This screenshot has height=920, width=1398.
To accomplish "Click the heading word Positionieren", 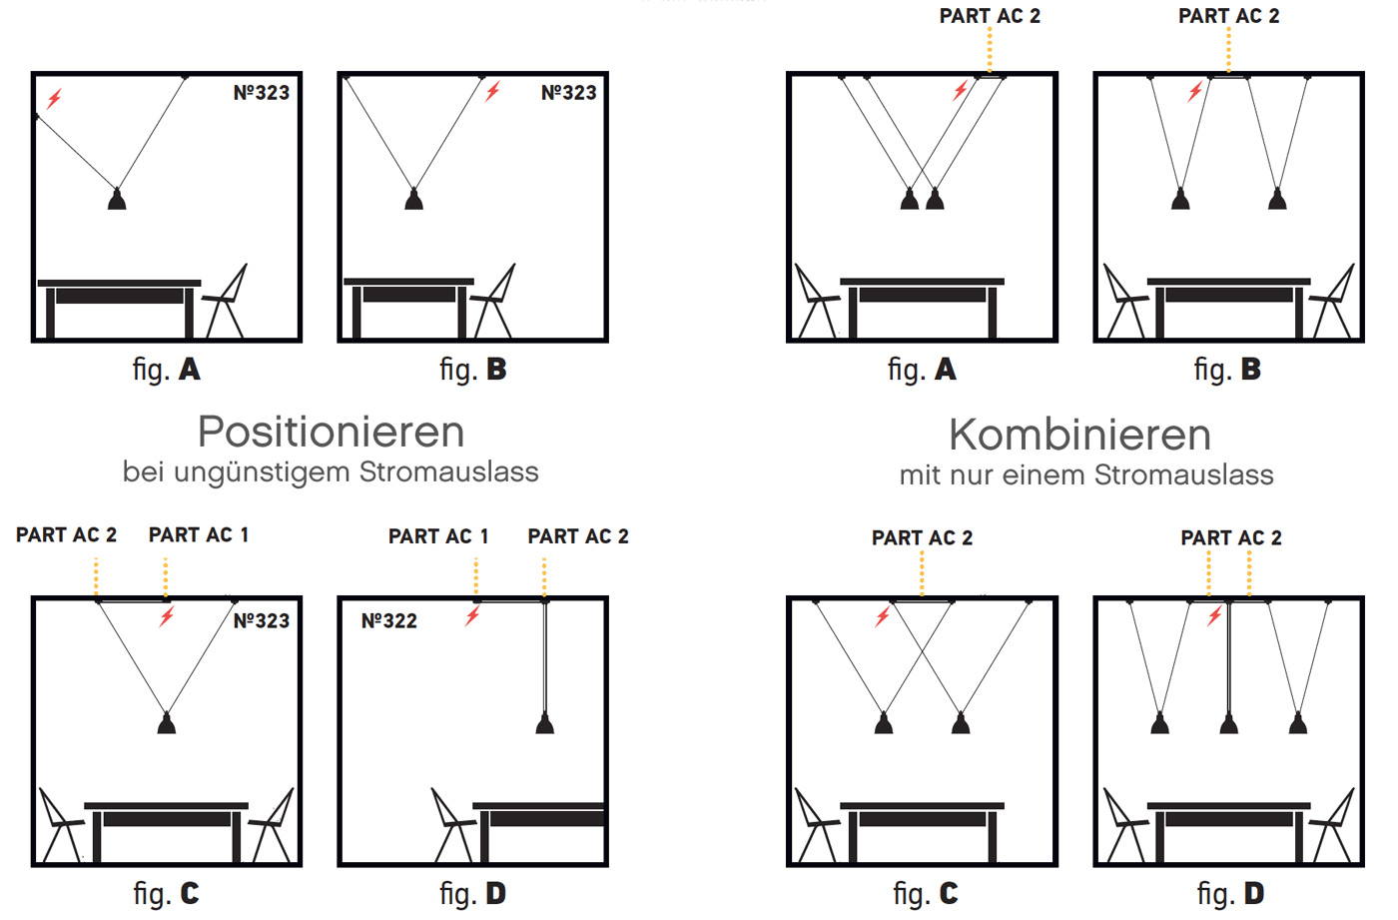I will [331, 433].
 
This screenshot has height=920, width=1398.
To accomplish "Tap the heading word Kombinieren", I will [1079, 436].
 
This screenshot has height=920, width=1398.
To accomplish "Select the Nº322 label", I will [388, 621].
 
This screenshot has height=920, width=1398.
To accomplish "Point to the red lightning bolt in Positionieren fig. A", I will [55, 98].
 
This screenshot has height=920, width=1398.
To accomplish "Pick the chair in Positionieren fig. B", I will [495, 301].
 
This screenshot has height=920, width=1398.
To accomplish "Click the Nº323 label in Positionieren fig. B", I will [568, 93].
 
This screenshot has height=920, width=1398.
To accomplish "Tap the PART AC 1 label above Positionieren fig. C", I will [199, 535].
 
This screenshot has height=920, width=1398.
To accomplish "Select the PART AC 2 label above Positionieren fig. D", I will [578, 536].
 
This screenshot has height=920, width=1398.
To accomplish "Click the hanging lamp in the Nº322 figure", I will [544, 722].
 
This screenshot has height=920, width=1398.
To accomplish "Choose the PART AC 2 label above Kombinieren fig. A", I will [990, 16].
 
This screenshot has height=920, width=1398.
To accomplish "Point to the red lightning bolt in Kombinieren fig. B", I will [1194, 93].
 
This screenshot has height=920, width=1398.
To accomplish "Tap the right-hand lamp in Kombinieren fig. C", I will [961, 722].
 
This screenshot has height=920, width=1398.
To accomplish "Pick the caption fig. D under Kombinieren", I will [1230, 893].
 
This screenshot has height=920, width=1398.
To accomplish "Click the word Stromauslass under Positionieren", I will [449, 471].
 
